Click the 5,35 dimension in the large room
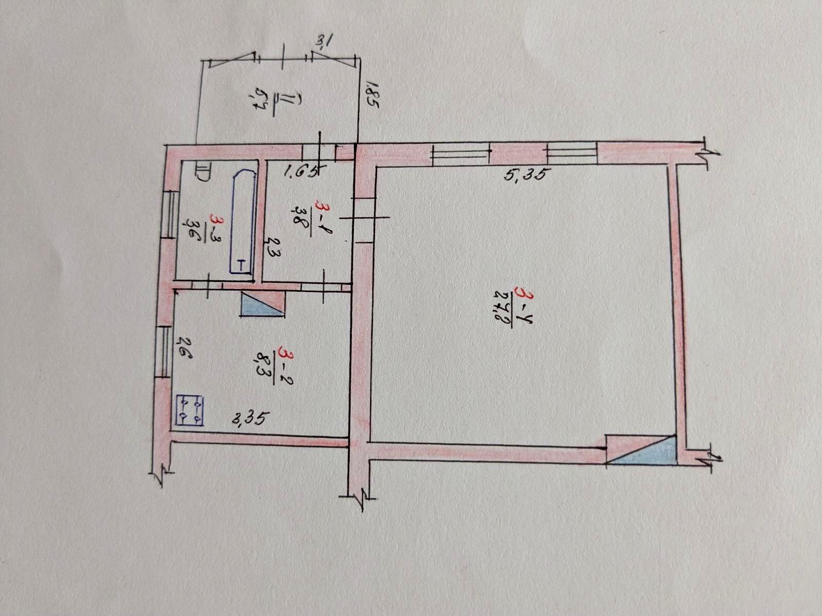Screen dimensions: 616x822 click(x=524, y=175)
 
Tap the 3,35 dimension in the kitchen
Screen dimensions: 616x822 click(x=249, y=419)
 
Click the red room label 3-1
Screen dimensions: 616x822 click(x=324, y=218)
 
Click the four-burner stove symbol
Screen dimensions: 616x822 click(x=190, y=410)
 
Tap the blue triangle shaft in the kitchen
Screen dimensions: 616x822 click(x=262, y=304)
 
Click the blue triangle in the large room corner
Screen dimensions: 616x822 click(x=642, y=451)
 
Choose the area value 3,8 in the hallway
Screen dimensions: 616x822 click(x=302, y=219)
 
